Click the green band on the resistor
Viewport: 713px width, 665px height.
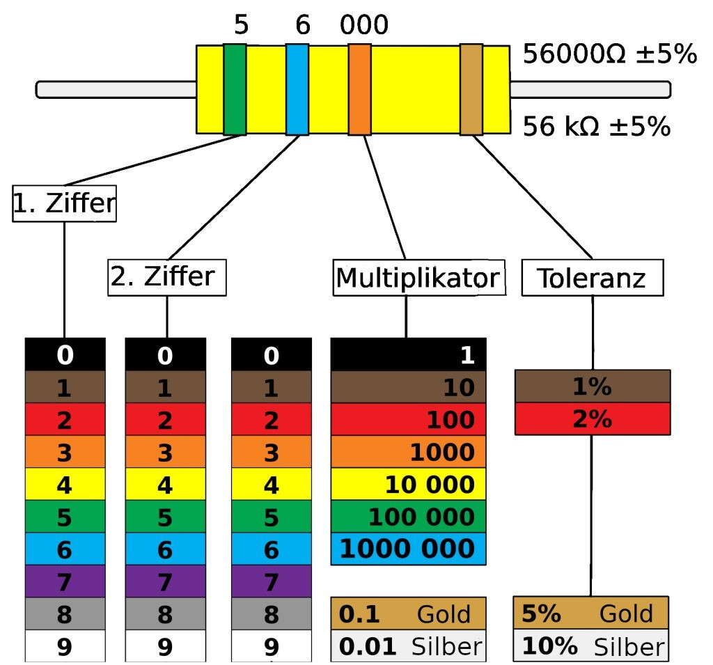[235, 89]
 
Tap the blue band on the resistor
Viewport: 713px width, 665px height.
[297, 89]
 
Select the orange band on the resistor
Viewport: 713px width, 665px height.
[359, 89]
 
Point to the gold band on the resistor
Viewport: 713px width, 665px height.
[471, 89]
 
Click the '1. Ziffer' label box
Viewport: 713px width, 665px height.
[64, 204]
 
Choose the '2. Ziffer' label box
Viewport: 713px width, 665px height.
[167, 277]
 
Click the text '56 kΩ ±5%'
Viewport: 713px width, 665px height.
[596, 127]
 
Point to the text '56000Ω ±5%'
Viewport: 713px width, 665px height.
[609, 54]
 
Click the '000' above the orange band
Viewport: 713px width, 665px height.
[363, 26]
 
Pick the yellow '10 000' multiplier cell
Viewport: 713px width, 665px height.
[408, 484]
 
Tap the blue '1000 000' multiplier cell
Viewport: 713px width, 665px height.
[408, 548]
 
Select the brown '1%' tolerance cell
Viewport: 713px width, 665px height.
[593, 386]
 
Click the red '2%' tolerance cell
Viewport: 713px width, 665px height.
[593, 419]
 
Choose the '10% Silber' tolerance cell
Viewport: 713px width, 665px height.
[591, 646]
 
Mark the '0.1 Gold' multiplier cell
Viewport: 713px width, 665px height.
[408, 613]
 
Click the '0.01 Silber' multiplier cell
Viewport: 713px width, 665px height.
[408, 646]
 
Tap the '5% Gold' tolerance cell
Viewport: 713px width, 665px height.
[591, 613]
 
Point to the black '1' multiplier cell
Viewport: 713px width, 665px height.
[408, 355]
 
